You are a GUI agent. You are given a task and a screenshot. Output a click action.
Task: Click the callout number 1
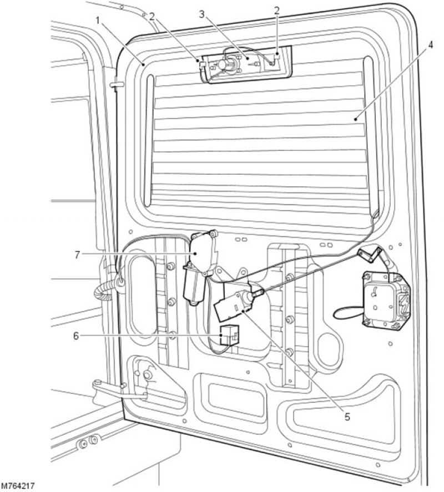click(98, 21)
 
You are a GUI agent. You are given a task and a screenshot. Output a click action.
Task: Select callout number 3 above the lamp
click(202, 14)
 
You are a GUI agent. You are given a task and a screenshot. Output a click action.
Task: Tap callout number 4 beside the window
click(430, 45)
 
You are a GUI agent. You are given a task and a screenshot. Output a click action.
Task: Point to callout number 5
click(347, 417)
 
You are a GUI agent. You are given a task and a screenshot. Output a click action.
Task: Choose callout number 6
click(75, 336)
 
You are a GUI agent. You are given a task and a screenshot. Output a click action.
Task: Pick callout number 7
click(78, 255)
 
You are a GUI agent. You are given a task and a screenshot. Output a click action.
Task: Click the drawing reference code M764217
click(18, 486)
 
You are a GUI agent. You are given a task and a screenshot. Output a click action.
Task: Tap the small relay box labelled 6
click(229, 335)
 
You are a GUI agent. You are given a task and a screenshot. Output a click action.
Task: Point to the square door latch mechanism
click(386, 301)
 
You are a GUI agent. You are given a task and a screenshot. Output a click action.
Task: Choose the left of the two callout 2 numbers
click(152, 16)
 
